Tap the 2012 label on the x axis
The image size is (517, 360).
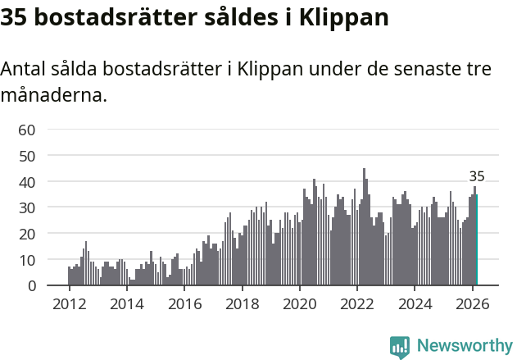tap(69, 303)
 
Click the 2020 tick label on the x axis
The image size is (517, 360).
tap(300, 303)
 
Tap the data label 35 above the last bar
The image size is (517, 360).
tap(476, 176)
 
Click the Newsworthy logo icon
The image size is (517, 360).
tap(400, 346)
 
